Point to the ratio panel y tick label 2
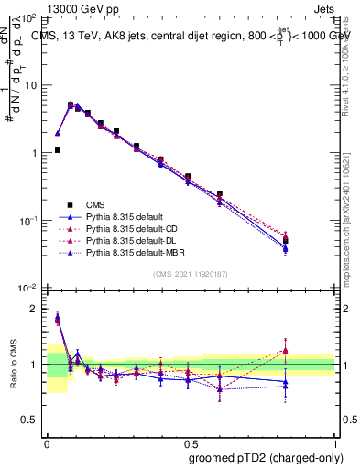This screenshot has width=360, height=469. tap(37, 309)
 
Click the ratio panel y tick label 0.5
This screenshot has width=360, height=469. tap(32, 420)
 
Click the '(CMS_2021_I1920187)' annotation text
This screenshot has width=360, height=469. tap(191, 275)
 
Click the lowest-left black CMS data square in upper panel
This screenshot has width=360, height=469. tap(57, 150)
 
